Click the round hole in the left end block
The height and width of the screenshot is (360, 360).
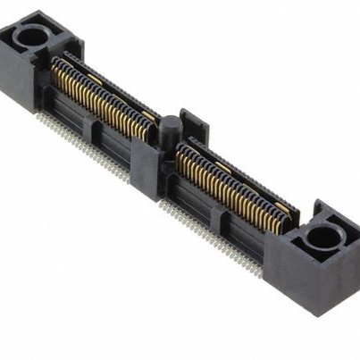(x=33, y=37)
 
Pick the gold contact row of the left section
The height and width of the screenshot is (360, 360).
(x=98, y=103)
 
